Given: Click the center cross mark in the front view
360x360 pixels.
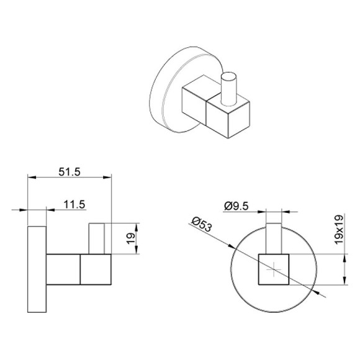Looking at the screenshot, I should pos(274,270).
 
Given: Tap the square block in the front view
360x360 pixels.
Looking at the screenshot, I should pos(274,270).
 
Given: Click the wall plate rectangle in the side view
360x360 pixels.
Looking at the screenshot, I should pos(36,270).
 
